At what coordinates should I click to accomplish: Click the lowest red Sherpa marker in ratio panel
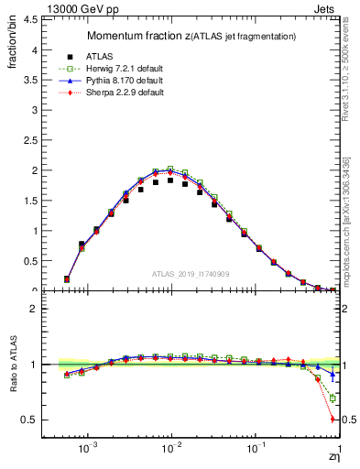tap(333, 420)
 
